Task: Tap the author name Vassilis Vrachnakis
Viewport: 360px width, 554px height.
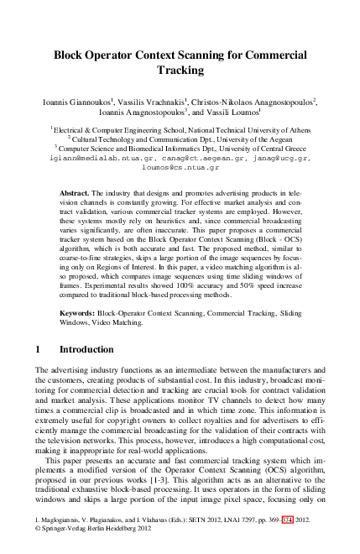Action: point(150,101)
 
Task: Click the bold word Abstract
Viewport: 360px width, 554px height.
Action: point(76,194)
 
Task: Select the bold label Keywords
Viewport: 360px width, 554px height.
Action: point(81,311)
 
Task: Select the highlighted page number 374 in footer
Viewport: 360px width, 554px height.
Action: point(288,521)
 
